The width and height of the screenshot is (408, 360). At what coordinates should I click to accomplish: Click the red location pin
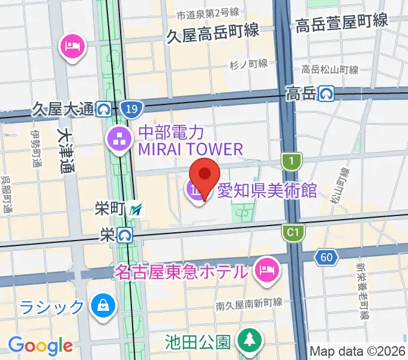[x=205, y=175]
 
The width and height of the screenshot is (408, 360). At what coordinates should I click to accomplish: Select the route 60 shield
[x=326, y=257]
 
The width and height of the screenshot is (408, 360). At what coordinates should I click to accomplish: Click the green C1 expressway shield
[x=293, y=232]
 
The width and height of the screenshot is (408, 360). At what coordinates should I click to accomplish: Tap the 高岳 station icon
[x=326, y=93]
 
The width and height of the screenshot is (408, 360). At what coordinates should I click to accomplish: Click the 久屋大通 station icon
[x=104, y=109]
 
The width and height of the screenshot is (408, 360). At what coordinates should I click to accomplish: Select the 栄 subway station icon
[x=125, y=235]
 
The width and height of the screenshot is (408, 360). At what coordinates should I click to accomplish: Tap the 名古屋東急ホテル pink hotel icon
[x=265, y=268]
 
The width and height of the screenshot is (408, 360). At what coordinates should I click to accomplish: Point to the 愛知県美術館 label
[x=267, y=191]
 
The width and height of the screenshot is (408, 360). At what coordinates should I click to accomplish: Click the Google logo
[x=40, y=346]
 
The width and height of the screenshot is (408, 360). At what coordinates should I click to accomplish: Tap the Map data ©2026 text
[x=358, y=351]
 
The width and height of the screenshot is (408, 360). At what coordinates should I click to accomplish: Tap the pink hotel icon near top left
[x=72, y=47]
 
